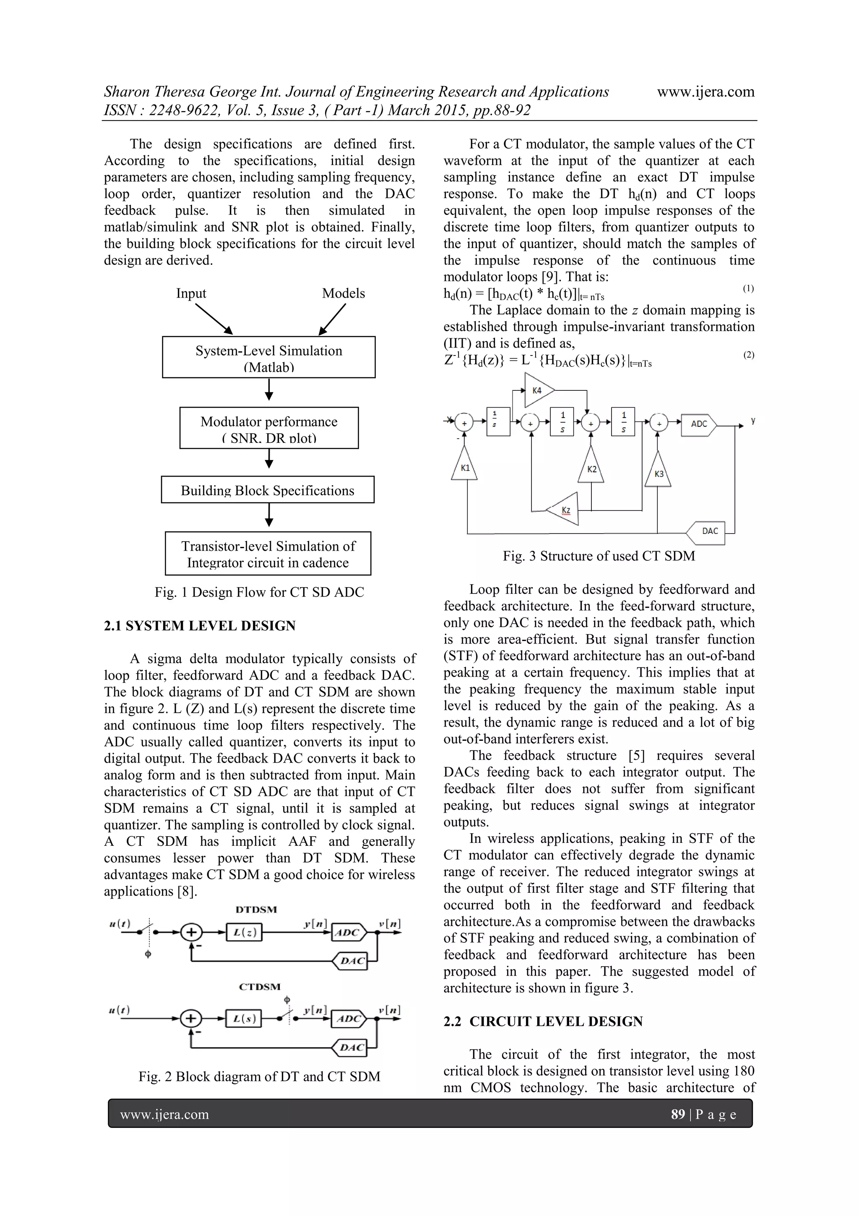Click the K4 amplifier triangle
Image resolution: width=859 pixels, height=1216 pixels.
538,391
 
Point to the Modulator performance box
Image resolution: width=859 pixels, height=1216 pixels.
268,428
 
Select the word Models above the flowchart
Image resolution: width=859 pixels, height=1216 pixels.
344,293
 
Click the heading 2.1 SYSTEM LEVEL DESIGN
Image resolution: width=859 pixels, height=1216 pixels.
200,625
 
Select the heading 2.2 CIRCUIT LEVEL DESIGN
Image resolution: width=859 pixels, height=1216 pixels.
543,1021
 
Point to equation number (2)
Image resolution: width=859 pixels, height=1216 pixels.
748,355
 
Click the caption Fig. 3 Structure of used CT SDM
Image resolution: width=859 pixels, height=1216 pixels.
599,556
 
